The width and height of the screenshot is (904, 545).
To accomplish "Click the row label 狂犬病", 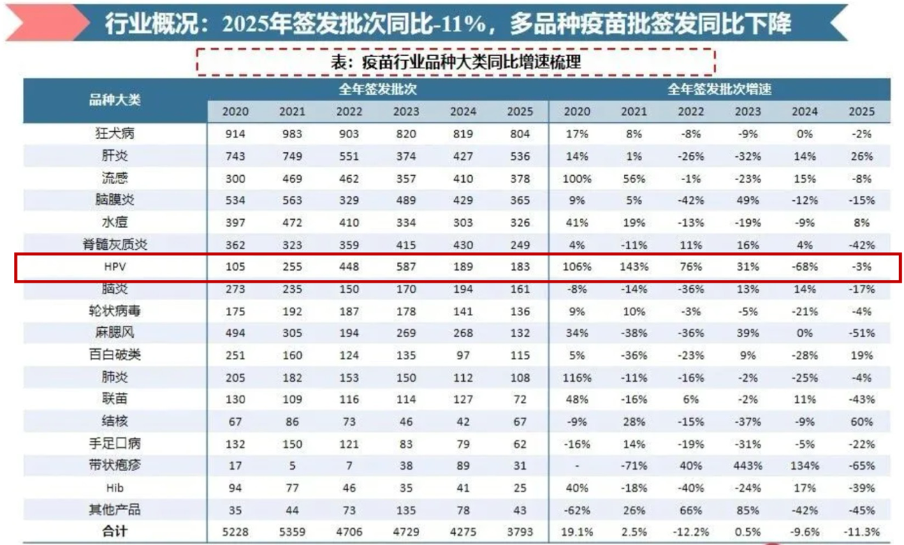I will point(115,134).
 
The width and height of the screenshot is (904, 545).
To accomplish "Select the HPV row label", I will point(115,266).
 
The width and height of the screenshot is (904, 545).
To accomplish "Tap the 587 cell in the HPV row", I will point(407,266).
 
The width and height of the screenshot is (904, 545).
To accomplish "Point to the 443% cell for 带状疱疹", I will point(748,465).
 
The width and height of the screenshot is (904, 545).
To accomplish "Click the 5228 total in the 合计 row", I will point(235,531).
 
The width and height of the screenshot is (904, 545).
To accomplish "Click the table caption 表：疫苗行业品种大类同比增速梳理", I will point(455,62).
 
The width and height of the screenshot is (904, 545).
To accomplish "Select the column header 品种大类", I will point(115,100).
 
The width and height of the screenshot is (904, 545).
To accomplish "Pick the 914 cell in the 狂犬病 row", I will point(235,134).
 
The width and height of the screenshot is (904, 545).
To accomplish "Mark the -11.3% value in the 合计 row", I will point(861,531).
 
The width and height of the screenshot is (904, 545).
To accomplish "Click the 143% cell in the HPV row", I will point(634,266).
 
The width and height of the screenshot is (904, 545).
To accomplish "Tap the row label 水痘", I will point(115,222).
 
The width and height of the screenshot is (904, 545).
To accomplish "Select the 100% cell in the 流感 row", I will point(577,178).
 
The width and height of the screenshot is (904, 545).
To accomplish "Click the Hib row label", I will point(115,486).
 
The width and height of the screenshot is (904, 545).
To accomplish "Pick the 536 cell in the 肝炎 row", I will point(520,156).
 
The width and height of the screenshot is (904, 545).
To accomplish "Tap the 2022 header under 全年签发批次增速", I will point(691,112).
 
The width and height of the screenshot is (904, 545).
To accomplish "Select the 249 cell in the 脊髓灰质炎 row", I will point(520,244).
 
